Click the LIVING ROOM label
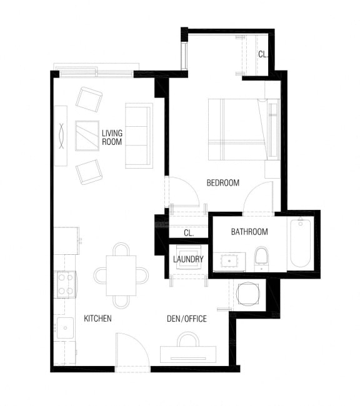[x=112, y=137]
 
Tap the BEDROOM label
[x=223, y=183]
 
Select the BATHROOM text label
[x=249, y=232]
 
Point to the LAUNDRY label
[x=188, y=259]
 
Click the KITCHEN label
[x=97, y=319]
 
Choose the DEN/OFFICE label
[x=186, y=319]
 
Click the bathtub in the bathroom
[x=300, y=244]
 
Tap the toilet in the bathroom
[x=262, y=256]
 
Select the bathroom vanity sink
[x=227, y=261]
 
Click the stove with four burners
[x=66, y=284]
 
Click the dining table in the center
[x=121, y=275]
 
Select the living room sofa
[x=139, y=135]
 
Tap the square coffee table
[x=87, y=135]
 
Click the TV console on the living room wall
[x=61, y=135]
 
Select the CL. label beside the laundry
[x=188, y=233]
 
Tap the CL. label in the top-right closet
[x=263, y=54]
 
